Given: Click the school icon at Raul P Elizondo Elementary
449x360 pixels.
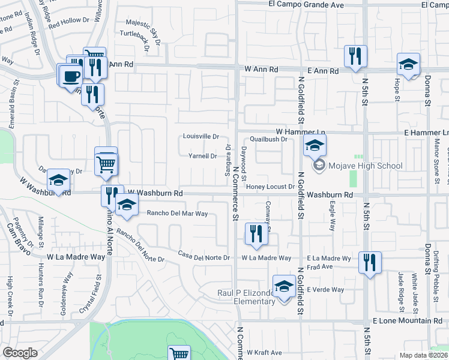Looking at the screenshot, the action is coord(284,286).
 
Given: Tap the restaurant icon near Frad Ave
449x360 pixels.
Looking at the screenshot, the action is coord(370,262).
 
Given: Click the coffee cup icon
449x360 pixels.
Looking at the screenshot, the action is coord(71,76).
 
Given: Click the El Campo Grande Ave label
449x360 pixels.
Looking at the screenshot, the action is coord(306,5).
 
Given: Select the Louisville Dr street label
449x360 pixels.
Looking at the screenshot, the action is coord(201,136).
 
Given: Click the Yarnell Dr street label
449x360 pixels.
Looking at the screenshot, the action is coord(203,156).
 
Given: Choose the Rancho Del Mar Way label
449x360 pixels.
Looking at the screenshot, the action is coord(177,214).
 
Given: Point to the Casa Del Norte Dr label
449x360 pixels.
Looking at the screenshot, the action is coord(204,258).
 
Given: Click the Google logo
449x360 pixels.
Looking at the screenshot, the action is coord(20,353).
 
